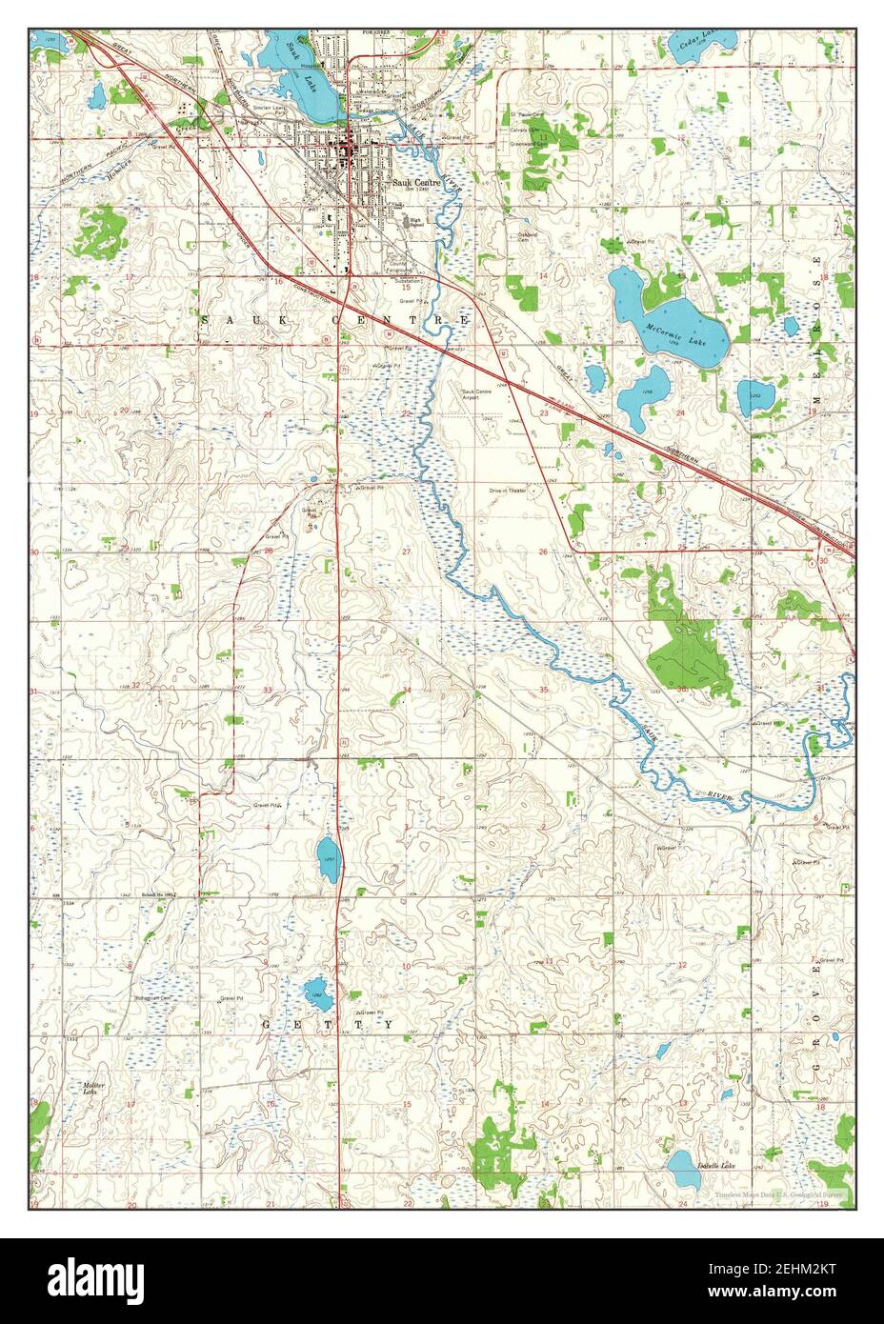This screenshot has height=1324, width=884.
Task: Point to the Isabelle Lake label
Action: pos(717,1165)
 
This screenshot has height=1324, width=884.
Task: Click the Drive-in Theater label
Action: pos(508,491)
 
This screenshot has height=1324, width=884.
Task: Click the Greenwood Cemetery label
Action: pos(526,144)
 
